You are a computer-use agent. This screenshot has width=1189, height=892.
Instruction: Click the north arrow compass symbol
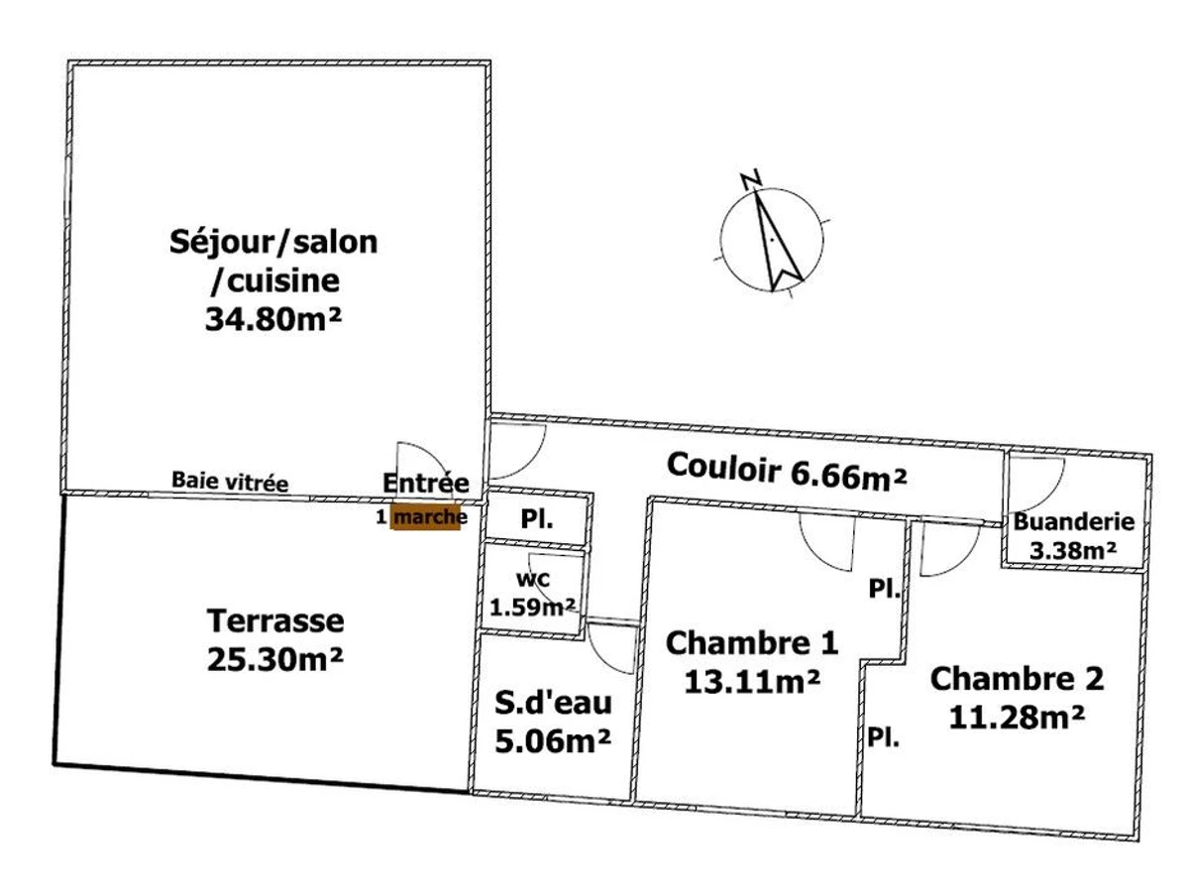(x=772, y=239)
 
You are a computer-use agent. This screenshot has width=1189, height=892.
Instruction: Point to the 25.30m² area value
(x=275, y=658)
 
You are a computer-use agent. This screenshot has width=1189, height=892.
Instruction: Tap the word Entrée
(x=425, y=483)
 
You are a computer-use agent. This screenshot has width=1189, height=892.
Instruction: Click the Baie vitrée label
(x=230, y=483)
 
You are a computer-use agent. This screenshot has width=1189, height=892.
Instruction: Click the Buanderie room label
(x=1074, y=523)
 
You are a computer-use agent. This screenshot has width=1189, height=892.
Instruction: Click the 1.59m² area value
(x=533, y=606)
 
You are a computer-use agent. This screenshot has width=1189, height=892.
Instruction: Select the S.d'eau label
(x=554, y=704)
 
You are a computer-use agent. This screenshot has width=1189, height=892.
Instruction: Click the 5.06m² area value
(x=554, y=739)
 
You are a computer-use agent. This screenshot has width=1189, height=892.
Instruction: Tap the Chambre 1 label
(x=752, y=643)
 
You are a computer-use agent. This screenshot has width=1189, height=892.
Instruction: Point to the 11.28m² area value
(x=1015, y=716)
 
